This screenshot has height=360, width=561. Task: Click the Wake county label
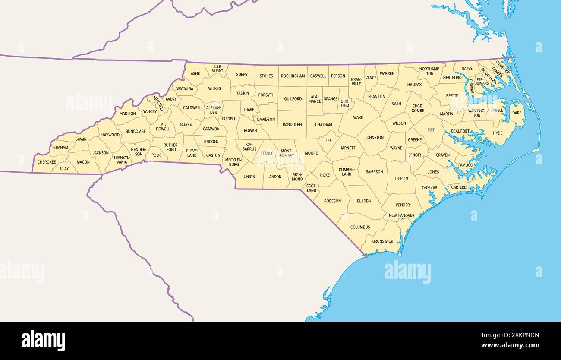tap(358, 117)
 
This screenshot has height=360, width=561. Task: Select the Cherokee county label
tap(47, 162)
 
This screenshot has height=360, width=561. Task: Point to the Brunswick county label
tap(383, 241)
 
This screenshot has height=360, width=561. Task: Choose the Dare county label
tap(517, 113)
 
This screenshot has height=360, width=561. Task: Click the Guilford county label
tap(293, 99)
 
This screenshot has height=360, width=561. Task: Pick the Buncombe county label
tap(136, 131)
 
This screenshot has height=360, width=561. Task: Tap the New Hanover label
tap(401, 215)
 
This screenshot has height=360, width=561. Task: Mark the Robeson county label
tap(332, 201)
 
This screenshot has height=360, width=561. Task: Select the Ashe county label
tap(195, 73)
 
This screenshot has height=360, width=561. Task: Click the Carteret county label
tap(459, 187)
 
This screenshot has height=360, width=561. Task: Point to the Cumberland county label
tap(347, 172)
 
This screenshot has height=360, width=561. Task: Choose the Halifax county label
tap(414, 85)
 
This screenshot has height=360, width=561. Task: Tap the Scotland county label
tap(311, 188)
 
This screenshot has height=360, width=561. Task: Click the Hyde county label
tap(498, 133)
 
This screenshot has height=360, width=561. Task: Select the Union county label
tap(249, 177)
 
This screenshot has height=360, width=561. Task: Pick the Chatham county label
tap(323, 125)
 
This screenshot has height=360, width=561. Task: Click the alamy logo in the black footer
tap(43, 340)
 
